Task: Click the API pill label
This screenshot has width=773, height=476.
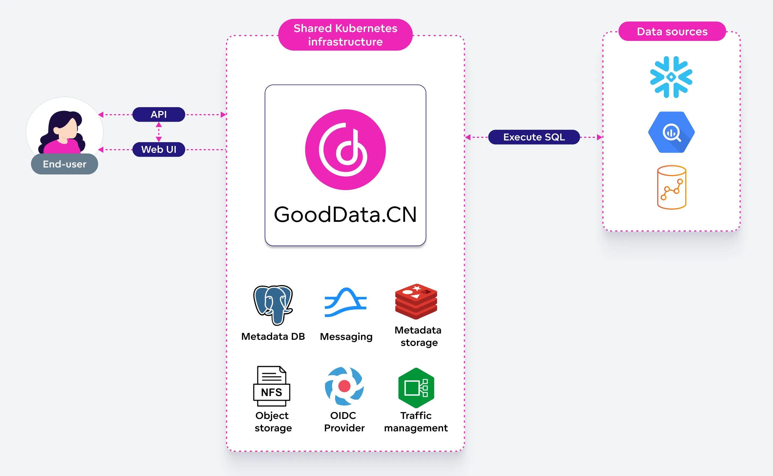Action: (x=159, y=114)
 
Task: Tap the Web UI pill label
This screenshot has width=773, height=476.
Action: (x=159, y=149)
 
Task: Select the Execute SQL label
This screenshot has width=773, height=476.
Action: (x=534, y=137)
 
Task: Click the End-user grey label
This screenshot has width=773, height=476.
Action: (x=65, y=164)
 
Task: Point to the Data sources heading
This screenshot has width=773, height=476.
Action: (x=672, y=31)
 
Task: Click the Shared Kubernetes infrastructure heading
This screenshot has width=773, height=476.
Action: (x=345, y=35)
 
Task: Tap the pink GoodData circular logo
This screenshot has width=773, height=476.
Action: (x=345, y=149)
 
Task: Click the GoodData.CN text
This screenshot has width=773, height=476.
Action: (x=345, y=215)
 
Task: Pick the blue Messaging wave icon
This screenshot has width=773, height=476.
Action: (x=346, y=302)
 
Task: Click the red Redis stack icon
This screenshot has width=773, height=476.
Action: (x=416, y=301)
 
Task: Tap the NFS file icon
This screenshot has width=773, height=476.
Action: (x=272, y=386)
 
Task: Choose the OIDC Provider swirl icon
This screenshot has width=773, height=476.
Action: (x=344, y=386)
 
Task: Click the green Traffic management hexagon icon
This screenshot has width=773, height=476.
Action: (x=416, y=387)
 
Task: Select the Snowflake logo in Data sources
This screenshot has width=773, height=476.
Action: (x=671, y=77)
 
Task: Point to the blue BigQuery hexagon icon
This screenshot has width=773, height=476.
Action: (x=671, y=132)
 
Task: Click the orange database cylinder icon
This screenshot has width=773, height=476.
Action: (x=672, y=187)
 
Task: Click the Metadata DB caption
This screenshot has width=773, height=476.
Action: (x=273, y=337)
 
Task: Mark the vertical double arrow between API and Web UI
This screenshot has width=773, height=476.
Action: (x=159, y=132)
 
